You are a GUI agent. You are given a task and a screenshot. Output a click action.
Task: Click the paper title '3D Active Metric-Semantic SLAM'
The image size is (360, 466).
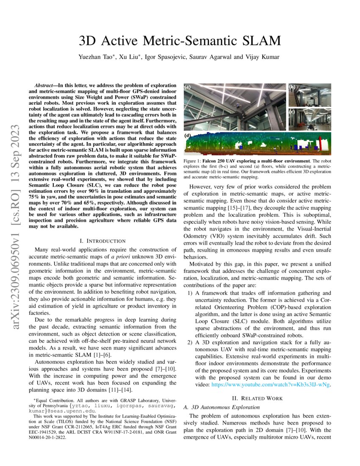[x=180, y=41]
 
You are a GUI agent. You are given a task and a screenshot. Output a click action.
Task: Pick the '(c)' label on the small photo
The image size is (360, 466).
[x=292, y=112]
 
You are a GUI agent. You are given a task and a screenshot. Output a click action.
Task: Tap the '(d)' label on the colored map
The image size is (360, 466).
[x=188, y=136]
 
